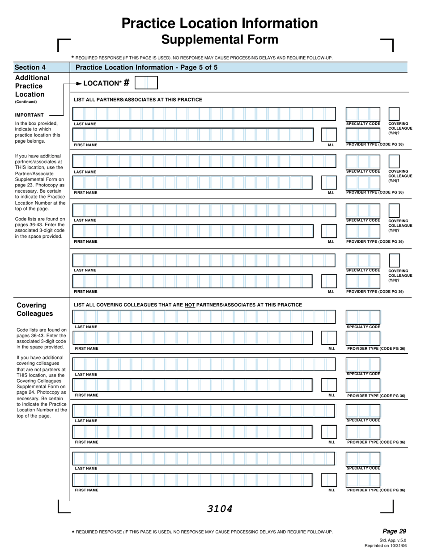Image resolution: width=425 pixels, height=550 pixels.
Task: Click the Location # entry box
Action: (x=146, y=83)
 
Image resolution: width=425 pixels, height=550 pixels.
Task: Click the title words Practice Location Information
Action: (x=220, y=23)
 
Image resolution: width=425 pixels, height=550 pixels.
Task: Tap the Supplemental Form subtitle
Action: (x=220, y=40)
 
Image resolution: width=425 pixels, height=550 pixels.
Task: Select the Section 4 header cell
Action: (x=42, y=68)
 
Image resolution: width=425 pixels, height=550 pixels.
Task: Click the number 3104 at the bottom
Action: (x=220, y=508)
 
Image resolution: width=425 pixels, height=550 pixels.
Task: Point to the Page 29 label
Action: (x=394, y=531)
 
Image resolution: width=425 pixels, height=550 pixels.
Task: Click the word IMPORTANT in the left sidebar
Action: (x=30, y=115)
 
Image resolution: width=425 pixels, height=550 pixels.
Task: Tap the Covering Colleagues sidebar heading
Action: (x=34, y=309)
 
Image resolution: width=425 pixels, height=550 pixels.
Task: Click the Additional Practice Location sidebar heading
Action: (x=32, y=86)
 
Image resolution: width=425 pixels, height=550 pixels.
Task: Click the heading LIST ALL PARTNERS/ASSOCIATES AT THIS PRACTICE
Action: (x=138, y=100)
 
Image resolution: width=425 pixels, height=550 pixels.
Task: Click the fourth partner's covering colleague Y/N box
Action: (x=394, y=260)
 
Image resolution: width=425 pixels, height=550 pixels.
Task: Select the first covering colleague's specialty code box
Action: (x=363, y=317)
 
